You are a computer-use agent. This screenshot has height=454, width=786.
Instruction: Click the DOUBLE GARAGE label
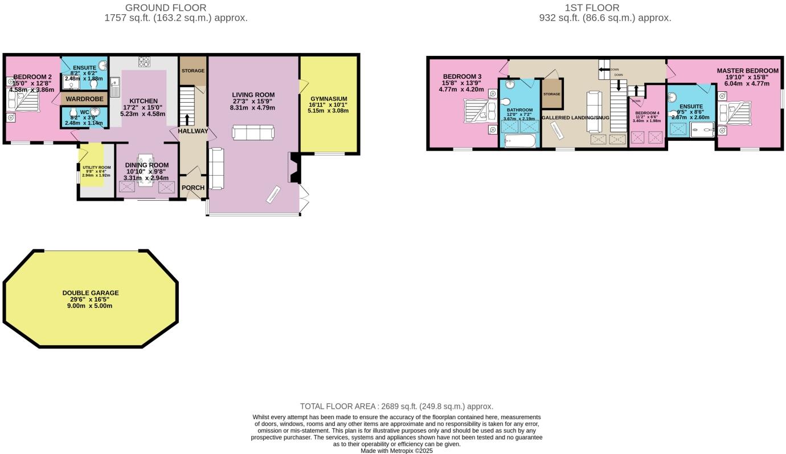point(91,293)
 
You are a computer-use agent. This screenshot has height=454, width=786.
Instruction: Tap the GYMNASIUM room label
point(328,99)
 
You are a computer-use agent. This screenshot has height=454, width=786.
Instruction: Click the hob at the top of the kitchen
point(144,61)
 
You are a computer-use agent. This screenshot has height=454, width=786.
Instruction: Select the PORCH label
point(193,188)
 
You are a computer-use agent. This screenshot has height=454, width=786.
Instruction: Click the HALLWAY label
point(193,131)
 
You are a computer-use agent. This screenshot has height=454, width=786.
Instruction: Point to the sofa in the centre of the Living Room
point(252,132)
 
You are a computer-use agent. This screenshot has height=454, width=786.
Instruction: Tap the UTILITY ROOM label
point(91,167)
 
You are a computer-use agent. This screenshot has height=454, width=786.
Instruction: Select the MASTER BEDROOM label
point(747,71)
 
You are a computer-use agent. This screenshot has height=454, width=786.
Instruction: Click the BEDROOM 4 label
point(646,113)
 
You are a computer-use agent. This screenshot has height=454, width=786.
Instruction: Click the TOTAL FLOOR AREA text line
point(396,407)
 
